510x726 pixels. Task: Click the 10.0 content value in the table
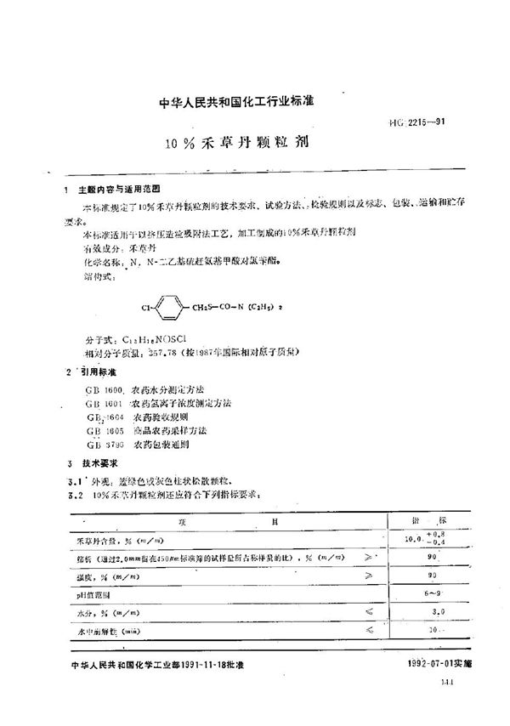coord(415,538)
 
